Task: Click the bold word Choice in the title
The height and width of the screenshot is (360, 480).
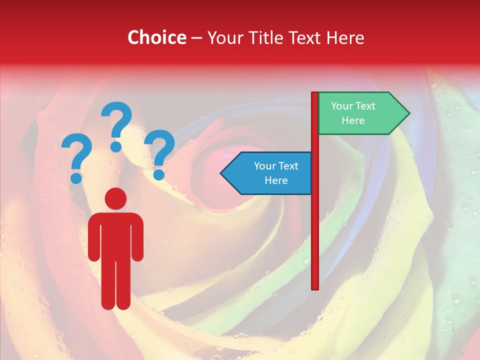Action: (x=156, y=37)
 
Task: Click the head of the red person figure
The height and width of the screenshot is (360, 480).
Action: (x=115, y=198)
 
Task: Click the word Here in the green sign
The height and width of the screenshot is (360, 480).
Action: (x=353, y=120)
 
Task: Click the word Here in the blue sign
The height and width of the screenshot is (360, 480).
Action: (x=276, y=180)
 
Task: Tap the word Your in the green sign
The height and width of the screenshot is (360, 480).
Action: (x=342, y=106)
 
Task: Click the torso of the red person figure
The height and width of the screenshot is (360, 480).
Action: (x=115, y=235)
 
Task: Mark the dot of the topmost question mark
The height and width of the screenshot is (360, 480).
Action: (x=116, y=146)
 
